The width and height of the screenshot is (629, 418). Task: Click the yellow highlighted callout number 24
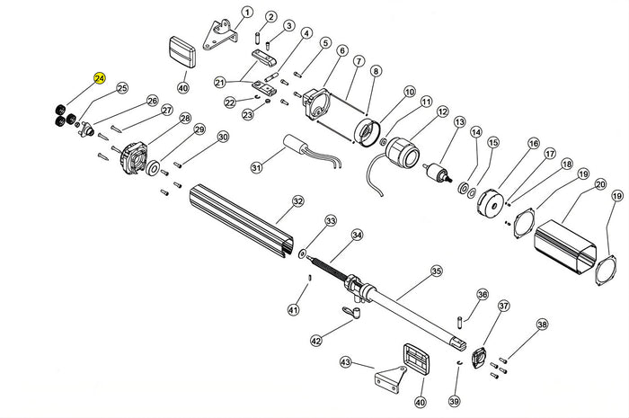click(99, 79)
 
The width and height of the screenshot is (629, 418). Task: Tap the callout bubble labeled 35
click(437, 270)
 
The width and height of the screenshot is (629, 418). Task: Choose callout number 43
click(344, 362)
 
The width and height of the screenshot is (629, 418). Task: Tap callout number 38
click(541, 325)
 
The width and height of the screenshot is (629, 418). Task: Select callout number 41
click(292, 309)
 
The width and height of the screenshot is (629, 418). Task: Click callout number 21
click(219, 83)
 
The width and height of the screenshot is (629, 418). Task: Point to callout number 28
click(185, 119)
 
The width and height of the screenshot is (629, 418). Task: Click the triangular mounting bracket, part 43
click(390, 381)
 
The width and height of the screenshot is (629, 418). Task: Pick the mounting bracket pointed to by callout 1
click(218, 32)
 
